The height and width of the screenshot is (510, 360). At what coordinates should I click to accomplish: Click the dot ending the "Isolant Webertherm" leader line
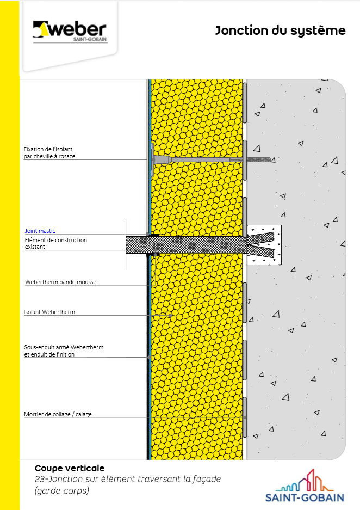pyautogui.click(x=170, y=316)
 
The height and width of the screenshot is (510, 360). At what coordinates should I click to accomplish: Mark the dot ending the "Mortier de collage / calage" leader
pyautogui.click(x=245, y=417)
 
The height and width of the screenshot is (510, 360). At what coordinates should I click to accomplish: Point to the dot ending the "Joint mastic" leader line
pyautogui.click(x=147, y=234)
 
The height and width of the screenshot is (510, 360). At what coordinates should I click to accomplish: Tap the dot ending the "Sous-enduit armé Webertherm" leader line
pyautogui.click(x=149, y=357)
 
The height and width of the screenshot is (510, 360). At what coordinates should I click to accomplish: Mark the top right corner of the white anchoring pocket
pyautogui.click(x=281, y=225)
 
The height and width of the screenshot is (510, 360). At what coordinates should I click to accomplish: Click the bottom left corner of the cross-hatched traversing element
pyautogui.click(x=126, y=254)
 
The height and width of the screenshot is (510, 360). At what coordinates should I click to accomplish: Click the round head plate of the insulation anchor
pyautogui.click(x=152, y=159)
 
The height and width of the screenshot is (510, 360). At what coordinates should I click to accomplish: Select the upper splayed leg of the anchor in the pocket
pyautogui.click(x=260, y=238)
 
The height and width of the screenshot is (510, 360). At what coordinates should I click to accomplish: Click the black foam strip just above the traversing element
pyautogui.click(x=154, y=235)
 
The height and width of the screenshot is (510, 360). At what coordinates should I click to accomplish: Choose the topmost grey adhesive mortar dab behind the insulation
pyautogui.click(x=245, y=102)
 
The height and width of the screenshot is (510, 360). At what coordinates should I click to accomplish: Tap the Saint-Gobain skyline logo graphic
pyautogui.click(x=304, y=480)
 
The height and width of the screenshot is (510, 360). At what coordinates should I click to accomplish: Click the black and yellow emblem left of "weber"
pyautogui.click(x=40, y=29)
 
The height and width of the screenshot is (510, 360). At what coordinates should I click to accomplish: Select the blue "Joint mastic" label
pyautogui.click(x=40, y=231)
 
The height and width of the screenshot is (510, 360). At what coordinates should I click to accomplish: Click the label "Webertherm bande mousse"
pyautogui.click(x=61, y=282)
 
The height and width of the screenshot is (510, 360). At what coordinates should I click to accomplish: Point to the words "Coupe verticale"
pyautogui.click(x=70, y=468)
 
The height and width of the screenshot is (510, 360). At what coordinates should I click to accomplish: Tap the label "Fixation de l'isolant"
pyautogui.click(x=48, y=149)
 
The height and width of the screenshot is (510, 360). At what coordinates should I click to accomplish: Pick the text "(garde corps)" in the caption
pyautogui.click(x=62, y=490)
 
